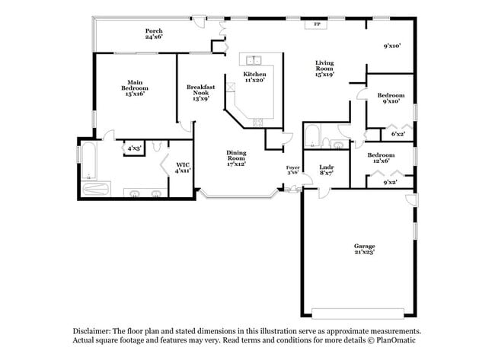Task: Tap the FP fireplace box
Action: click(316, 24)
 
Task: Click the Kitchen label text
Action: click(254, 74)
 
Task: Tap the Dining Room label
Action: click(236, 158)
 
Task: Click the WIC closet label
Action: click(183, 167)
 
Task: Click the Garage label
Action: click(364, 245)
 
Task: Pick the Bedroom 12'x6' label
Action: click(380, 157)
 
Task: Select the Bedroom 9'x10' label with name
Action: click(391, 98)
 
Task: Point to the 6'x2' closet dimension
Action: click(398, 134)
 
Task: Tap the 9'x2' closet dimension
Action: click(389, 183)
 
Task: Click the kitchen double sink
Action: click(254, 60)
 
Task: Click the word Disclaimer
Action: click(91, 332)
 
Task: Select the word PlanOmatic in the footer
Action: click(399, 340)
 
